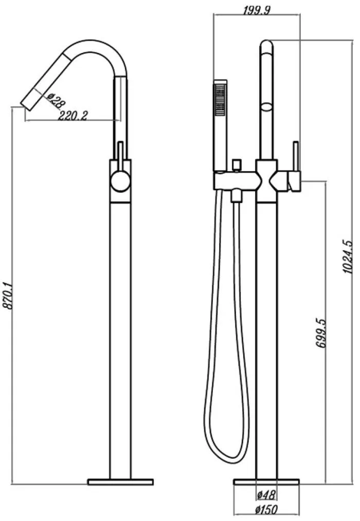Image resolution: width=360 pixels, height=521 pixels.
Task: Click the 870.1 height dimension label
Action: [x=8, y=296]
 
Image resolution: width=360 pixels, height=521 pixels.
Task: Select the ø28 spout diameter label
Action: [x=55, y=100]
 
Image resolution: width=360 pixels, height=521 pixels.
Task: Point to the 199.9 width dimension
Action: [x=257, y=10]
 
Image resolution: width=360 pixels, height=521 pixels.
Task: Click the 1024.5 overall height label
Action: [x=348, y=256]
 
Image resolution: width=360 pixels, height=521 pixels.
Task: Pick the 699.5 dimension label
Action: [x=321, y=333]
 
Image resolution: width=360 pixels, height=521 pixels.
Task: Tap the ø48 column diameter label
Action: [x=266, y=495]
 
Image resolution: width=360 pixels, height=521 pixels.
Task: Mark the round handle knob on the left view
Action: [x=120, y=182]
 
